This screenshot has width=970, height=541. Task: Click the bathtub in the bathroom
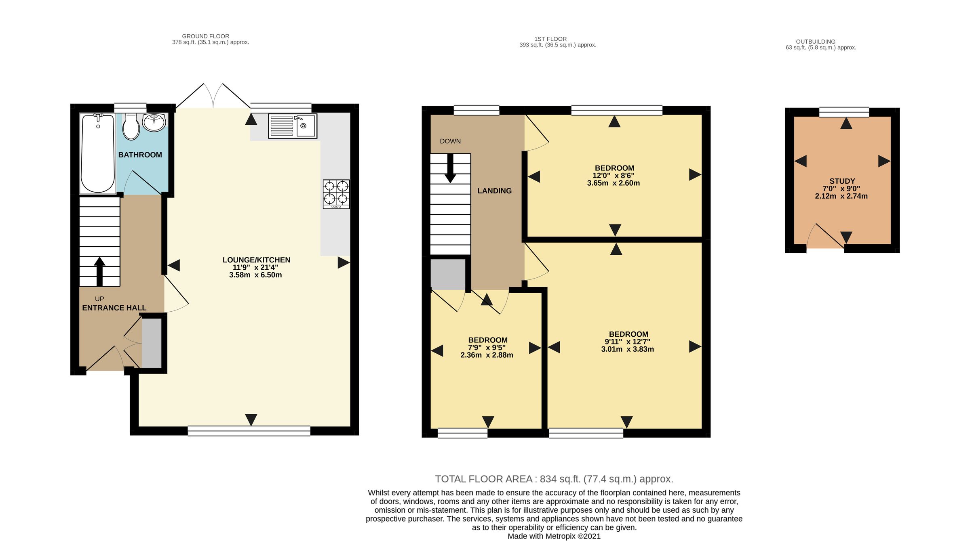click(98, 154)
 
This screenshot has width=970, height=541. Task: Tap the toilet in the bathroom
click(131, 127)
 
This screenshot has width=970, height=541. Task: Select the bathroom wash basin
click(154, 122)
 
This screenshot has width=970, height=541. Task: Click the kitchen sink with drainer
click(293, 126)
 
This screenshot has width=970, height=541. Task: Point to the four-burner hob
click(336, 194)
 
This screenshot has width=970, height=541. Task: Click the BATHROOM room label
click(140, 155)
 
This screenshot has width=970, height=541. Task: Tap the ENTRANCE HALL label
click(114, 308)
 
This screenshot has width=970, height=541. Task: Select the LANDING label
click(494, 191)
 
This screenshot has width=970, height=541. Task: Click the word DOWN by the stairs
click(450, 141)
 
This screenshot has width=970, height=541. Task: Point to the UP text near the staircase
click(99, 299)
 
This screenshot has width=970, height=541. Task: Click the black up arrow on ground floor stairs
click(99, 272)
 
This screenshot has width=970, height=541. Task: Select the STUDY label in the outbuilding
click(842, 181)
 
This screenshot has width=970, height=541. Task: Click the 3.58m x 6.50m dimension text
click(255, 275)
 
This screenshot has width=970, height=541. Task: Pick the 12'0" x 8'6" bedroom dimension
click(614, 176)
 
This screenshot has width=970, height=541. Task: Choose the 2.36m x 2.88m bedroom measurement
click(487, 355)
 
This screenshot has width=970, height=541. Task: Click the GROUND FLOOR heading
click(206, 36)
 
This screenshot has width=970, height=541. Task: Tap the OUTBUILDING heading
click(816, 42)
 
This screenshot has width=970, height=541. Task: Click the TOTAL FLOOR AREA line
click(554, 479)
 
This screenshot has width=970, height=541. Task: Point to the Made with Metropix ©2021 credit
click(554, 536)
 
